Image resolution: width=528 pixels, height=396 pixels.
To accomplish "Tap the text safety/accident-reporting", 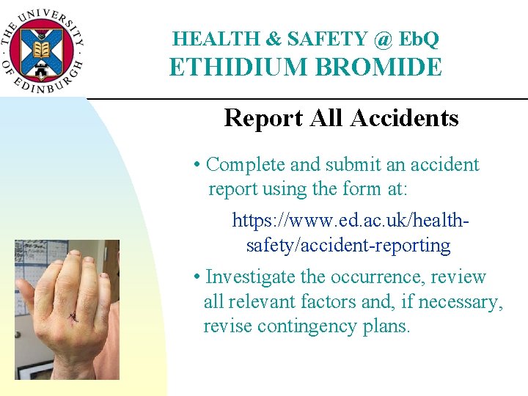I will point(348,245).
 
